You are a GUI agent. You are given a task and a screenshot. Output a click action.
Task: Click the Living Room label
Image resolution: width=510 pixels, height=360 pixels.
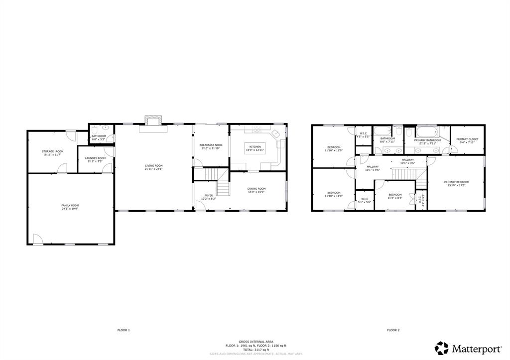(x=153, y=166)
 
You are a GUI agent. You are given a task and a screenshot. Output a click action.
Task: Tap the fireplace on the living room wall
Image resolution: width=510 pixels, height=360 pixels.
(x=153, y=120)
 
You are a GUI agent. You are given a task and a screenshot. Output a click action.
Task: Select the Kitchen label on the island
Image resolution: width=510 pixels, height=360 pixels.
(x=255, y=147)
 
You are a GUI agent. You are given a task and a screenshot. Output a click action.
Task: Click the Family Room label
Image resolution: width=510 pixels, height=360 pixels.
(x=70, y=205)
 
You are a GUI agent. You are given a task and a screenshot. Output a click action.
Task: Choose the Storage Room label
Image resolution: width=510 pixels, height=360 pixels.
(x=52, y=151)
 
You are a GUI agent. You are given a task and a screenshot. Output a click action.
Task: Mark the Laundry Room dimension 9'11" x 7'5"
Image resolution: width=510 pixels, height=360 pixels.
(x=95, y=161)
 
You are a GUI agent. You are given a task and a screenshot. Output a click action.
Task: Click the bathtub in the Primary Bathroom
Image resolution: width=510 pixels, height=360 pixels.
(x=426, y=132)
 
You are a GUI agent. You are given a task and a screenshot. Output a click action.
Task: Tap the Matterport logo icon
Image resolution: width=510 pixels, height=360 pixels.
(x=441, y=347)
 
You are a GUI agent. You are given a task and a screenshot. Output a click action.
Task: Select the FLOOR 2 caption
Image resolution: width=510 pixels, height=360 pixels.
(x=393, y=330)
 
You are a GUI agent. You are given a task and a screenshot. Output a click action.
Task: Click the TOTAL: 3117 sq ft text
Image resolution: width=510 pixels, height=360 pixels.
(x=255, y=349)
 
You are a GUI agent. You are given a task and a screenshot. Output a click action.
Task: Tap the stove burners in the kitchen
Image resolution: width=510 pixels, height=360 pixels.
(x=257, y=130)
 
